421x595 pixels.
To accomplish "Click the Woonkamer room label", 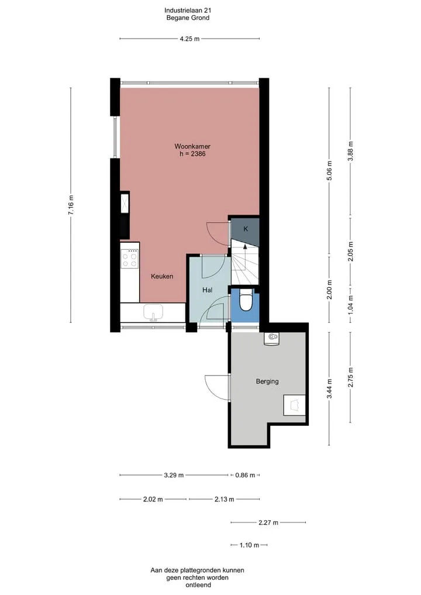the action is coord(192,146).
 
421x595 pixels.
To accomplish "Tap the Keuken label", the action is coord(162,276).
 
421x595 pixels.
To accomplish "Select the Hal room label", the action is coord(207,290).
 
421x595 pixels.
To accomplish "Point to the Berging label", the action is coord(267,381).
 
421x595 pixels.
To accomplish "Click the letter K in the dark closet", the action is coord(246,229).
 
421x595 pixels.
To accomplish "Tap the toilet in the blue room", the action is coord(246,301).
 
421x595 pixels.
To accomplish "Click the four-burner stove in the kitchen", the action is coord(129,259).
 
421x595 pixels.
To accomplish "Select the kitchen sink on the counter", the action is coord(153,312).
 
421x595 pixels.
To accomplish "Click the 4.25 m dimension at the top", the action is coord(189,39).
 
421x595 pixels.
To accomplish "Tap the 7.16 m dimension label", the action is coord(71,205).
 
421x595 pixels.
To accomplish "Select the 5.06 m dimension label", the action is coord(329,171).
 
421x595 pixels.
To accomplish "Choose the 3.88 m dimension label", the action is coord(350,151).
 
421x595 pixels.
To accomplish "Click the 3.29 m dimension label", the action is coord(174,475).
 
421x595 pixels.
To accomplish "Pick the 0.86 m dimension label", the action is coord(245,475).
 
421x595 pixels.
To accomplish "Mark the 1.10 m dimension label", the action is coord(249,545).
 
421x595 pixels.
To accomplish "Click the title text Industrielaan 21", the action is coord(188,11).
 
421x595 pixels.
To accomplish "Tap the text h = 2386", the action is coord(192,154).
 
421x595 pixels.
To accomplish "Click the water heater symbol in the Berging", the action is coord(271,339).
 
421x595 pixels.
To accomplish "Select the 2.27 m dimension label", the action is coord(268,522).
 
